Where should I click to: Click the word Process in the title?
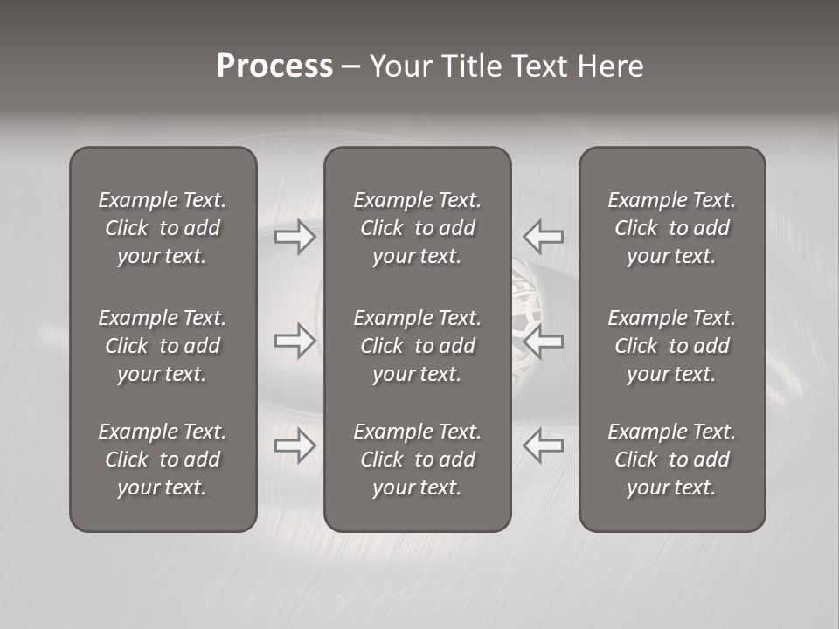tap(274, 66)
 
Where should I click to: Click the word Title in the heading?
tap(469, 66)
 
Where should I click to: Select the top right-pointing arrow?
tap(295, 237)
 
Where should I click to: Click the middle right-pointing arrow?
tap(295, 341)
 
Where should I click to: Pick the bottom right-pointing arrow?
tap(295, 446)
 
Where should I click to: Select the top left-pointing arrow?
tap(543, 236)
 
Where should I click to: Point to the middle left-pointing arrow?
tap(543, 341)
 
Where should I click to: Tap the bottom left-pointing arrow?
tap(543, 446)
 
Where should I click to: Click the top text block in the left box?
tap(163, 228)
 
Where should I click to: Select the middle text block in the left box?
tap(163, 346)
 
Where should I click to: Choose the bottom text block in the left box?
tap(163, 460)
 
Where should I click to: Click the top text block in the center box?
tap(417, 228)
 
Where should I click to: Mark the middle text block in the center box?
tap(417, 346)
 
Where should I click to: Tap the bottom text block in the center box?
tap(417, 460)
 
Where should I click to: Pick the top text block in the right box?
tap(671, 228)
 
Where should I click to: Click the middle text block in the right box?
tap(671, 346)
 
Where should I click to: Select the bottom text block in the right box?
tap(671, 460)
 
